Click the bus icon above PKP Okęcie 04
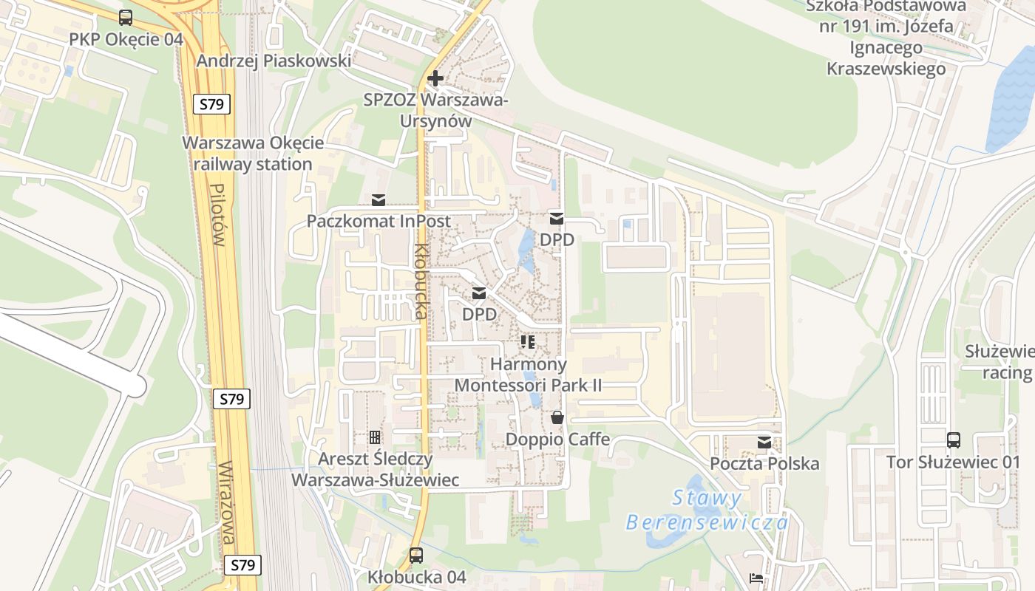coord(126,18)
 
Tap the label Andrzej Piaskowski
coord(274,61)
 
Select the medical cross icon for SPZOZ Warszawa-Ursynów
coord(435,78)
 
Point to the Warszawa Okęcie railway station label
coord(254,153)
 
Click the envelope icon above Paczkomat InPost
coord(379,199)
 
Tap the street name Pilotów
coord(217,215)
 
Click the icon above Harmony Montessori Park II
coord(528,341)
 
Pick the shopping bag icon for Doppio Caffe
coord(557,417)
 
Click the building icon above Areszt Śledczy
coord(375,437)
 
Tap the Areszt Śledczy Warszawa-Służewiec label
coord(376,469)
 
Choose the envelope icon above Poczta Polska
coord(764,443)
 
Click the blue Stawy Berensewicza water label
coord(706,510)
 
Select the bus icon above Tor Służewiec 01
coord(954,440)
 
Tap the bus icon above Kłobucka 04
coord(416,555)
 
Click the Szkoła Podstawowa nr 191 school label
coord(886,37)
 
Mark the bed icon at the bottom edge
coord(756,578)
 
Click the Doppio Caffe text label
coord(557,440)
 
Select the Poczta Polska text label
coord(764,463)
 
